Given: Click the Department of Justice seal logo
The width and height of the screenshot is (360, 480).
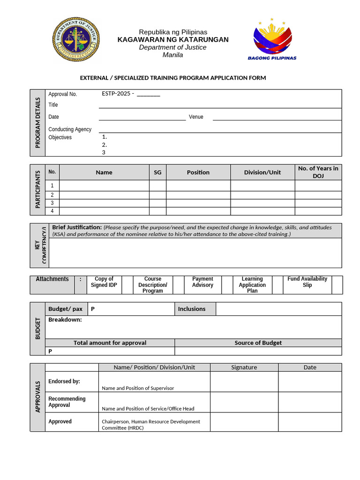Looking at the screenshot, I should click(x=75, y=40).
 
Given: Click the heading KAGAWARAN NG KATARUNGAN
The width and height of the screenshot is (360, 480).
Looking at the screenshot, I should click(x=172, y=39).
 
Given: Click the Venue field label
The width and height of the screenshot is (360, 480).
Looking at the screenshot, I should click(x=196, y=117).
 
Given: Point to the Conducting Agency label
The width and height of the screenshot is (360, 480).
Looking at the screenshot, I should click(x=70, y=129).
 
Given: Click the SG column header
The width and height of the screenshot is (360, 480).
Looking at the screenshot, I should click(x=157, y=172).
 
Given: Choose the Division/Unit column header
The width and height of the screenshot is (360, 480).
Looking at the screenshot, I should click(x=262, y=172).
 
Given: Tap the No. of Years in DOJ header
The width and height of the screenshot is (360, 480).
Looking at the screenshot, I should click(x=318, y=172).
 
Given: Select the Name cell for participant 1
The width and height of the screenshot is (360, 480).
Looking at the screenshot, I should click(x=104, y=186).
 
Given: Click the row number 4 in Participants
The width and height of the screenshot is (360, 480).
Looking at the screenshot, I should click(x=52, y=211).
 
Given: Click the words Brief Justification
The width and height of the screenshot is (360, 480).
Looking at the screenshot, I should click(x=77, y=227).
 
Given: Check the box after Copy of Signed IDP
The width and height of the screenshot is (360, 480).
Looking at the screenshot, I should click(x=127, y=285).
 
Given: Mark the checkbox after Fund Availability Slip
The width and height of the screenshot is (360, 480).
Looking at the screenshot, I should click(x=337, y=285).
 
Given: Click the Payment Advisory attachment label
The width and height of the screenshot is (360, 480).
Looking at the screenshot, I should click(x=202, y=282).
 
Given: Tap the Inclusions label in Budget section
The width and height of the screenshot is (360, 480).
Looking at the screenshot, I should click(x=191, y=309).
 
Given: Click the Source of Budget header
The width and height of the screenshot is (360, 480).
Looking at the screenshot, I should click(x=258, y=343).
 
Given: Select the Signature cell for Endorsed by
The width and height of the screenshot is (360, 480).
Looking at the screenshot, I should click(x=244, y=382).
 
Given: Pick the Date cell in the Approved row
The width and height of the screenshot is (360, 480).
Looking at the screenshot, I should click(x=309, y=422).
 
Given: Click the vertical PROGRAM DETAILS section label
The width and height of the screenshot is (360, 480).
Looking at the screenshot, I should click(x=37, y=122).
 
